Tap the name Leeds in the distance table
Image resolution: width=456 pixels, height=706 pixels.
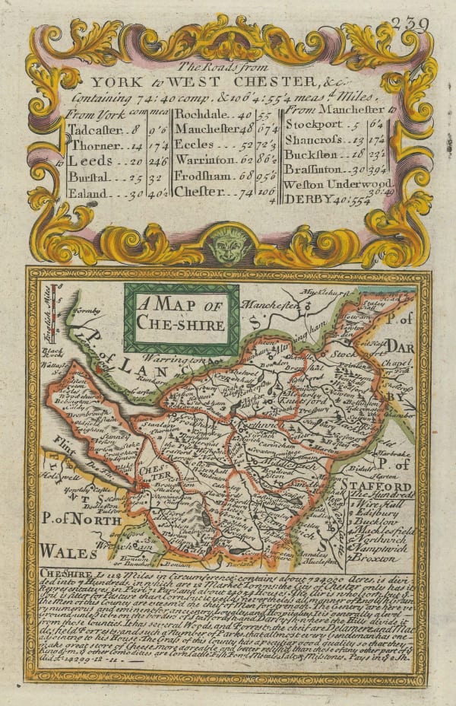(x=94, y=161)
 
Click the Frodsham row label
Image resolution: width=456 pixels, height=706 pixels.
(x=207, y=176)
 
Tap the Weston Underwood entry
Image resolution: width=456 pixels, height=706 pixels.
(x=337, y=185)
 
